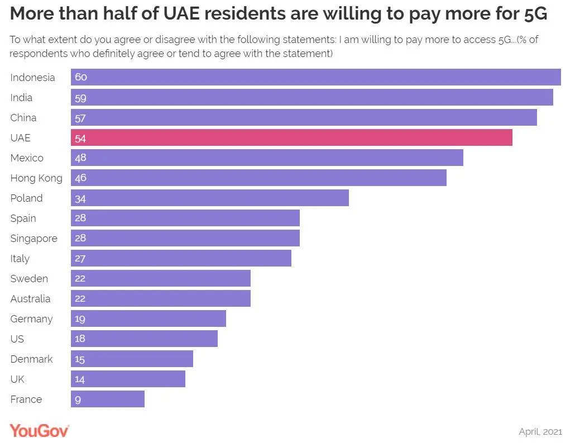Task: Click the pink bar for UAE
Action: pos(291,137)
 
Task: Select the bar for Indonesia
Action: pos(315,77)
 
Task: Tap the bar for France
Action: pos(108,399)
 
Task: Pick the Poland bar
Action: pos(210,198)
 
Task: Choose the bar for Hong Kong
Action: pos(258,178)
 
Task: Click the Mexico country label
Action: pos(27,158)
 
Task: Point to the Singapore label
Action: pos(33,238)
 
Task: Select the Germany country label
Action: pos(31,318)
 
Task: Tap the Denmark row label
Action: pos(31,359)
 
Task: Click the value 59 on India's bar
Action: pos(80,98)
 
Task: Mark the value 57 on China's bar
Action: pos(80,118)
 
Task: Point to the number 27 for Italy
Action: pos(80,259)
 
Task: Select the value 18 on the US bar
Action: pos(80,339)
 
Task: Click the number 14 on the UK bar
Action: pos(80,379)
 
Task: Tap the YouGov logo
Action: pos(39,430)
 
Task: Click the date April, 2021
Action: pos(540,431)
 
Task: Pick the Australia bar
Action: pos(161,298)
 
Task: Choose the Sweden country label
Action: pos(29,278)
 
